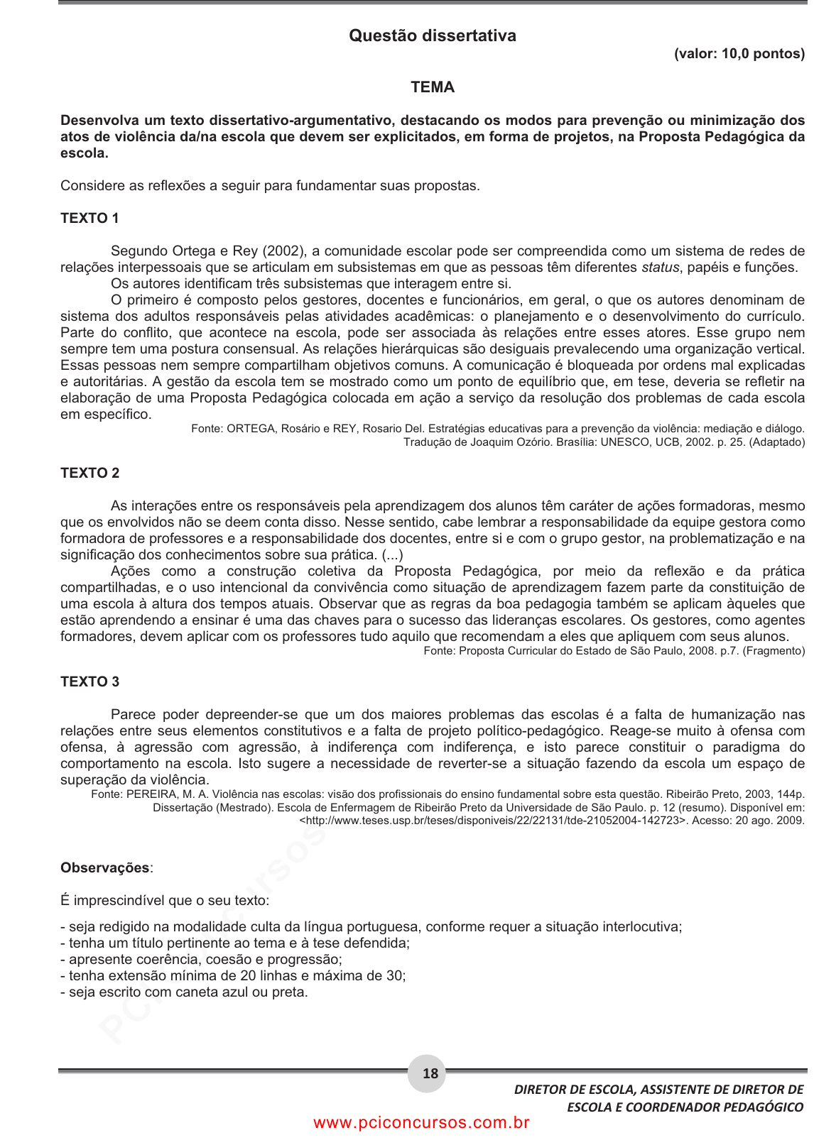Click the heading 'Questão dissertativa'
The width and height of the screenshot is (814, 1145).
pos(432,35)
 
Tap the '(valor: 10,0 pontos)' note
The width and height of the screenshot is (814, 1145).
pos(739,54)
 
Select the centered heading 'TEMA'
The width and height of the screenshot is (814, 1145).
pos(432,87)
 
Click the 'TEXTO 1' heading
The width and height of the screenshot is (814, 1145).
pos(89,219)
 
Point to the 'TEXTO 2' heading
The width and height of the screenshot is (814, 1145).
pos(89,473)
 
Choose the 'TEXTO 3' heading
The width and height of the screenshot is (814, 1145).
pos(89,682)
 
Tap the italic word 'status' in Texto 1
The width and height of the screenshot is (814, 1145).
pos(660,268)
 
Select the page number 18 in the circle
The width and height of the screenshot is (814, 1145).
pos(430,1073)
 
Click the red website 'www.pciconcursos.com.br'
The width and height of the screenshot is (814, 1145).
pos(421,1123)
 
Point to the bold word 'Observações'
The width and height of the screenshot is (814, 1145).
pos(105,868)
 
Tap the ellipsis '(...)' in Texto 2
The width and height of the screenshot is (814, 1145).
pos(392,555)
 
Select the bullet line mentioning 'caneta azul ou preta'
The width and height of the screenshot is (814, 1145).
pos(184,992)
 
